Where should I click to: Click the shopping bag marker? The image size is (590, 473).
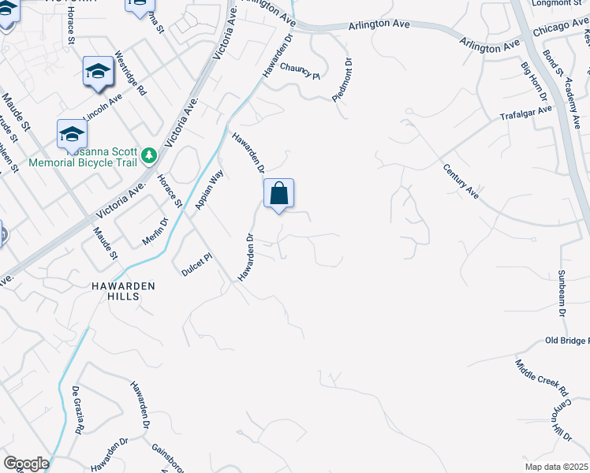278,194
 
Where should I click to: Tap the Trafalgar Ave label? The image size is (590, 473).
528,114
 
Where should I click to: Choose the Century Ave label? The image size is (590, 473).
461,181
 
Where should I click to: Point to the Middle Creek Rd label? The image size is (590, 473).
542,378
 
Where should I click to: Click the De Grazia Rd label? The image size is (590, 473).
77,410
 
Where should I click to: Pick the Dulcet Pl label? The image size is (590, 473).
197,257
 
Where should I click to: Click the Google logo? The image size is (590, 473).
26,464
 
